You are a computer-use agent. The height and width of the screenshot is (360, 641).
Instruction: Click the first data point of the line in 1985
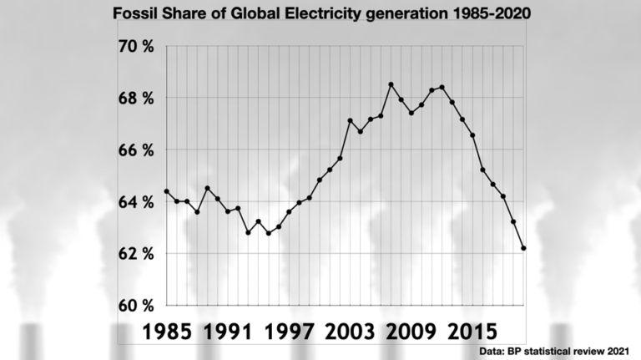click(x=166, y=191)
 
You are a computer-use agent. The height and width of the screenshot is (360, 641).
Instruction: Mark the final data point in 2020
click(x=523, y=248)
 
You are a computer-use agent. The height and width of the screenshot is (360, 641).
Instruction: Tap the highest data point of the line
click(x=391, y=84)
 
